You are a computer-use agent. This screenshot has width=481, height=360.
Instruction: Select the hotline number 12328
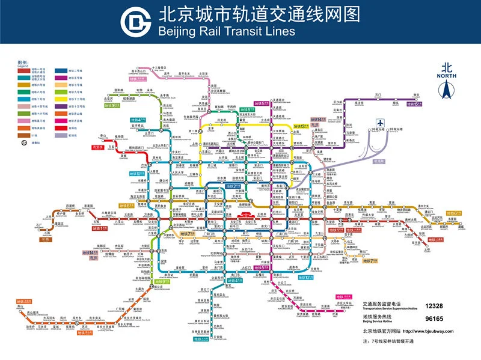pyautogui.click(x=434, y=306)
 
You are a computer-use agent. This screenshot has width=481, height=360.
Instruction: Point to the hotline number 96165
pyautogui.click(x=434, y=319)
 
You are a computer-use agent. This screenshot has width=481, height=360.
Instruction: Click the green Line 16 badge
pyautogui.click(x=112, y=105)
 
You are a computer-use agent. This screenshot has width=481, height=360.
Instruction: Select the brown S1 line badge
pyautogui.click(x=44, y=239)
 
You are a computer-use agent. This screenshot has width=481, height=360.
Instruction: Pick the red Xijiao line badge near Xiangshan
pyautogui.click(x=97, y=147)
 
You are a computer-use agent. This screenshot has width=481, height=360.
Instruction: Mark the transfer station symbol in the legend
pyautogui.click(x=23, y=142)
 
